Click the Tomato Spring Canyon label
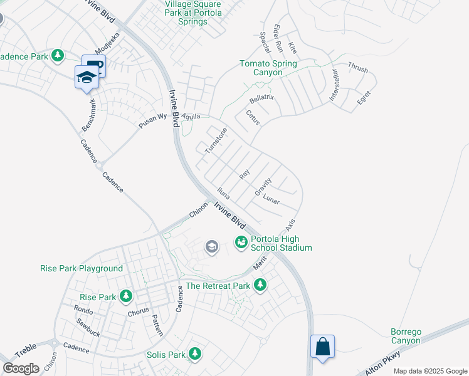click(x=270, y=68)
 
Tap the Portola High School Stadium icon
click(x=241, y=241)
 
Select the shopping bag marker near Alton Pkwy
click(x=322, y=347)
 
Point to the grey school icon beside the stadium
click(x=212, y=247)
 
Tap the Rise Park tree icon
click(x=126, y=295)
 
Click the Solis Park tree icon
click(x=195, y=354)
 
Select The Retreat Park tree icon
click(x=260, y=286)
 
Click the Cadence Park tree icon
click(x=58, y=56)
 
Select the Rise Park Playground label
click(x=82, y=269)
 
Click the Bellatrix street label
click(x=263, y=100)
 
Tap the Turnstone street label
click(x=216, y=140)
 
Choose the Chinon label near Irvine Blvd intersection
click(x=199, y=210)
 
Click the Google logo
click(x=21, y=368)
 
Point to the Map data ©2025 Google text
click(x=429, y=371)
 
